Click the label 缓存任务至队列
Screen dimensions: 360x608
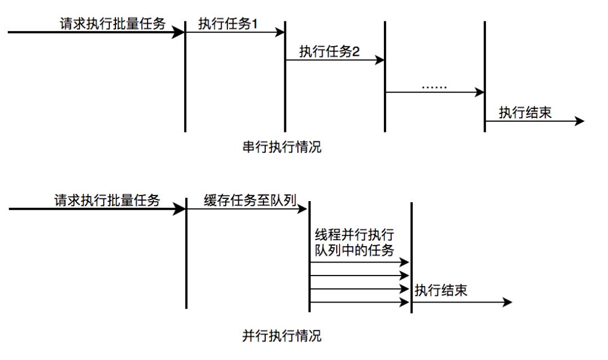pos(250,200)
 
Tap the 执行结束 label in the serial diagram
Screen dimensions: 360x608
pos(525,112)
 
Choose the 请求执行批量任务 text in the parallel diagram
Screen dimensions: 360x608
pos(107,200)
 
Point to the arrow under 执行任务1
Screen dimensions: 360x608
pos(235,33)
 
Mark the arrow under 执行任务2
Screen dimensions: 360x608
pos(335,61)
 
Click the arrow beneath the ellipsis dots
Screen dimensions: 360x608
pos(435,92)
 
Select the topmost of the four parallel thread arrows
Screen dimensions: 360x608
pos(359,263)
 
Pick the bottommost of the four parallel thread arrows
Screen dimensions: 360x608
pos(359,303)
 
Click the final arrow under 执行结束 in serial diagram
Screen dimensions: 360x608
pos(535,121)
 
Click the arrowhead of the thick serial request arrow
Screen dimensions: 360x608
pos(180,33)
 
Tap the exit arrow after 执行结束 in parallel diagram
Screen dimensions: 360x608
pos(462,303)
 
